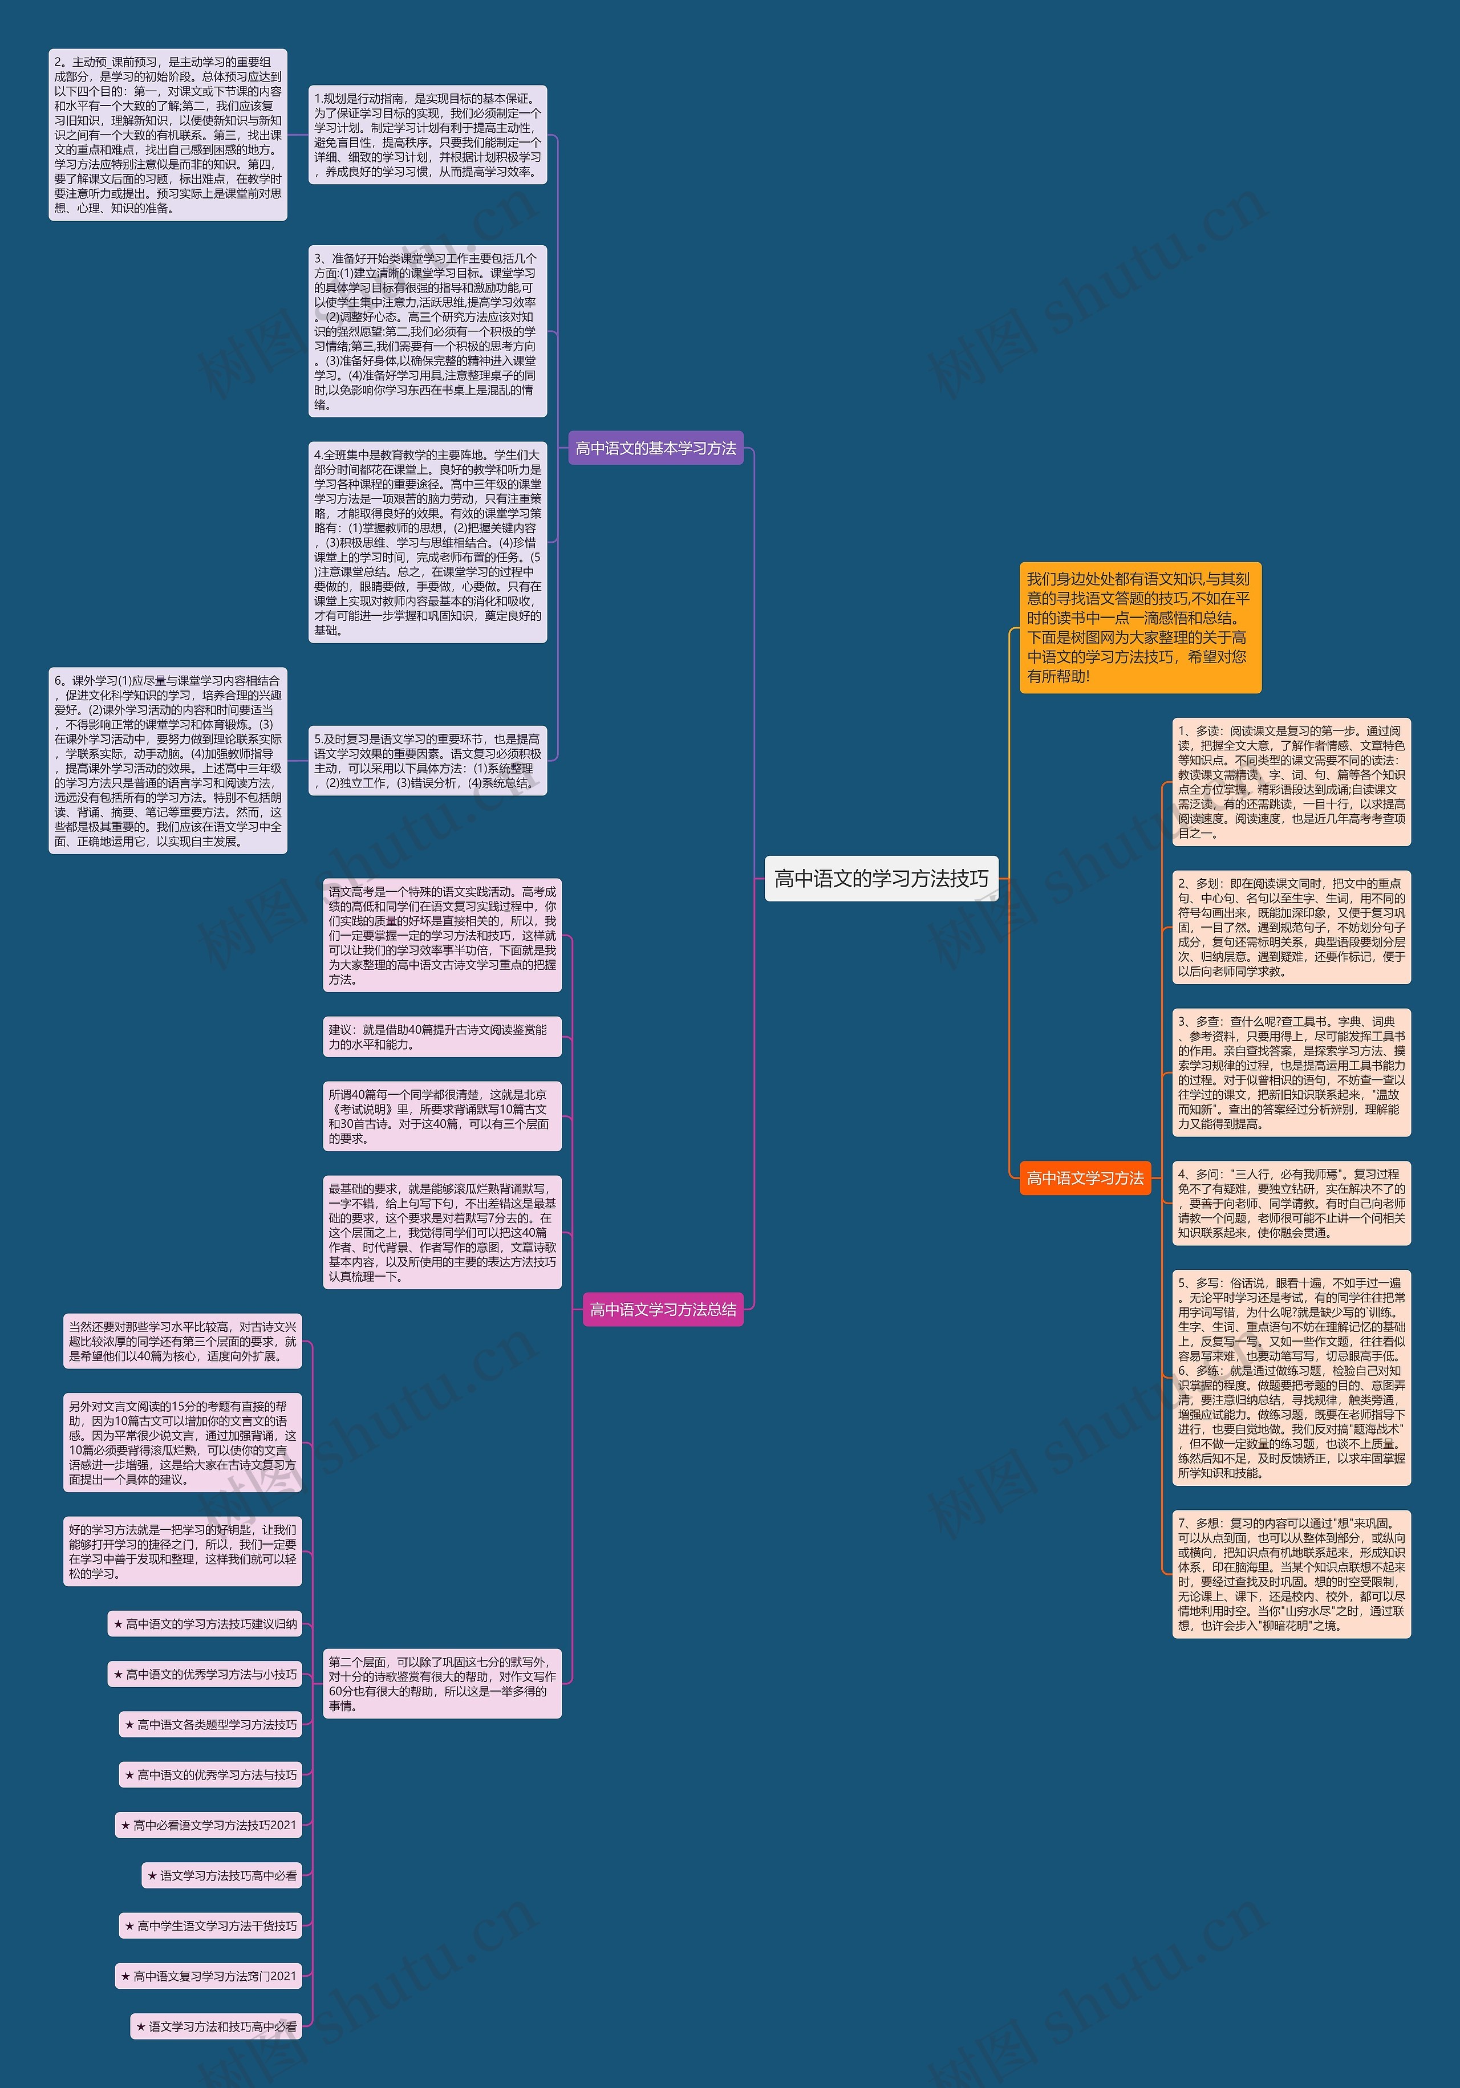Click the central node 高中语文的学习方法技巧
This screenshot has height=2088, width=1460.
click(881, 879)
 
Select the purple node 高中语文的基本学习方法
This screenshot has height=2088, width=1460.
click(655, 448)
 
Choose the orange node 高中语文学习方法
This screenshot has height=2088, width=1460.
click(1084, 1177)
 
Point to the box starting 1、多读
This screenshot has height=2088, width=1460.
click(1291, 782)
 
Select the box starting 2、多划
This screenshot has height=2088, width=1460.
click(1291, 927)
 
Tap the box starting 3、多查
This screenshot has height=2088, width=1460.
click(1291, 1072)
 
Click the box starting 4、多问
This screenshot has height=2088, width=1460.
click(1291, 1203)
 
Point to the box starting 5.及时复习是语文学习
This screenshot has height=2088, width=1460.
click(428, 760)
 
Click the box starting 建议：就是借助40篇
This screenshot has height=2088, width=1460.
click(442, 1037)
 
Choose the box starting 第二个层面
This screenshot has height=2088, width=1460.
click(442, 1683)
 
